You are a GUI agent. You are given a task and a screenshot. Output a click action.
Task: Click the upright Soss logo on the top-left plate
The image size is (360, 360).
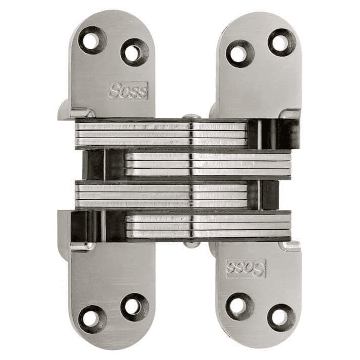pyautogui.click(x=128, y=91)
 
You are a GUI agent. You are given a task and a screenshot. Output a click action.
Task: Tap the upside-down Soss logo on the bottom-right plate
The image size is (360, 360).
pyautogui.click(x=246, y=269)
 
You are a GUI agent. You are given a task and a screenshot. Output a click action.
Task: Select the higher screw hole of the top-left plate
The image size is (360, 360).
pyautogui.click(x=93, y=40)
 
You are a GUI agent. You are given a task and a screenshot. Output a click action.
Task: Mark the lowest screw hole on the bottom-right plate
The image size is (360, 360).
pyautogui.click(x=282, y=318)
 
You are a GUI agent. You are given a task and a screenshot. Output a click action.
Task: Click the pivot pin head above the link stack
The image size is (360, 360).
pyautogui.click(x=191, y=117)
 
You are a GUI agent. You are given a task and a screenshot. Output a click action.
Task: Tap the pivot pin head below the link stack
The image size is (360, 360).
pyautogui.click(x=191, y=244)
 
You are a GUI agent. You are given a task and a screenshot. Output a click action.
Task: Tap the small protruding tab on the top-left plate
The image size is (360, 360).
pyautogui.click(x=65, y=110)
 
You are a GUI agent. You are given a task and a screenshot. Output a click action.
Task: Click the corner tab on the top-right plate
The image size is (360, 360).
pyautogui.click(x=291, y=114)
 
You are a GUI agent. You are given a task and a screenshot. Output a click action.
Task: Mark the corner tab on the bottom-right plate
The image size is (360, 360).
pyautogui.click(x=291, y=246)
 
